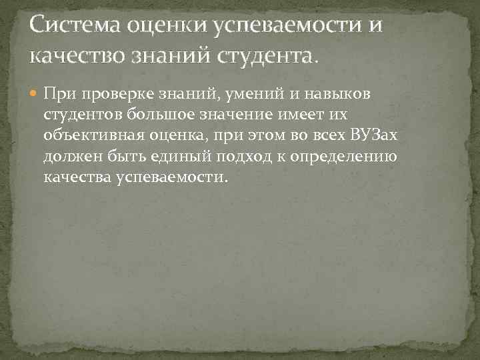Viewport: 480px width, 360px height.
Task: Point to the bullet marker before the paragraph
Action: (x=34, y=94)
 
